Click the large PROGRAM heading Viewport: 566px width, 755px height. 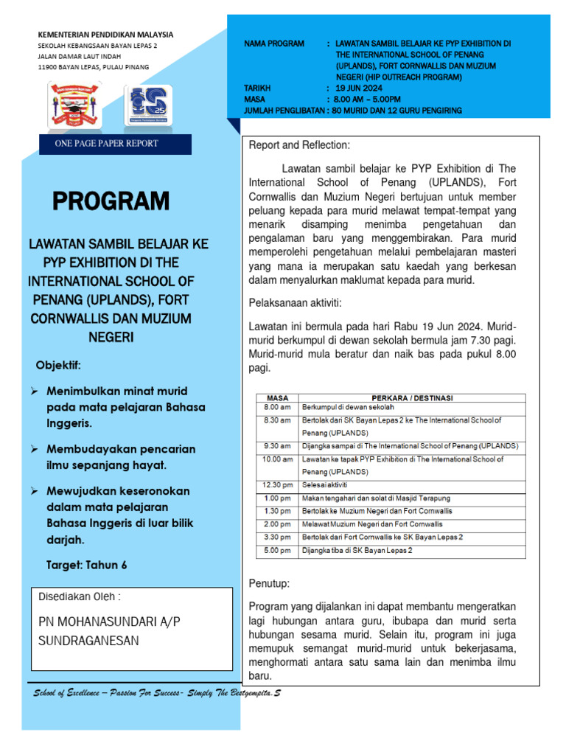[111, 201]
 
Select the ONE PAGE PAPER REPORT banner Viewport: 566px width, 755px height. [107, 143]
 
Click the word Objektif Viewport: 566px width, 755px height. [58, 366]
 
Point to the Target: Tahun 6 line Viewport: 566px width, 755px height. [86, 565]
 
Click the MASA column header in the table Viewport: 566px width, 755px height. [277, 398]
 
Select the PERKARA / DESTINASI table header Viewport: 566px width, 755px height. [413, 398]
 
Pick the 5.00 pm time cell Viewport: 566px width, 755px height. [277, 550]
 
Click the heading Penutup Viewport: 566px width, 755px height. [269, 583]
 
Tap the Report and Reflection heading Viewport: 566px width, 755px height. [299, 145]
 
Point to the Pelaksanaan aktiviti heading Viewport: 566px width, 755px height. [295, 302]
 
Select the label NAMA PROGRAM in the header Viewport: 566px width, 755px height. [274, 44]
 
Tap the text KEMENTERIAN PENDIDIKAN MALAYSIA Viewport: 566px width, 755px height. [105, 34]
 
